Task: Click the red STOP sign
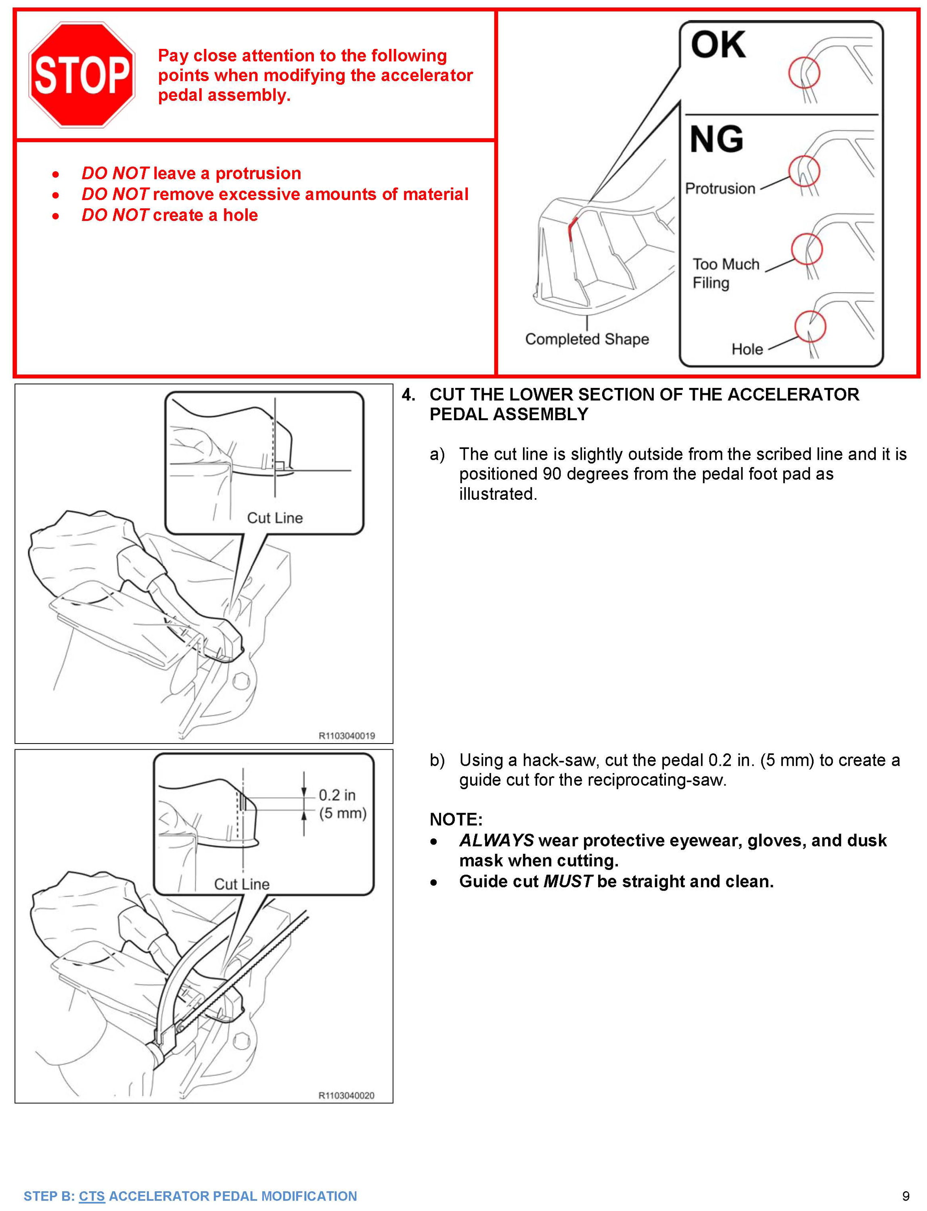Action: pyautogui.click(x=82, y=75)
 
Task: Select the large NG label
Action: pyautogui.click(x=717, y=139)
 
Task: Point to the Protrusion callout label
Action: pyautogui.click(x=720, y=189)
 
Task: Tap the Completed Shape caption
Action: pyautogui.click(x=586, y=339)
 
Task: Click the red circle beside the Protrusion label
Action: pyautogui.click(x=804, y=171)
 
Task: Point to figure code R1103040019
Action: pyautogui.click(x=347, y=736)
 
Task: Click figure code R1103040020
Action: pyautogui.click(x=347, y=1096)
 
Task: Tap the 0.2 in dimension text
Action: pyautogui.click(x=337, y=795)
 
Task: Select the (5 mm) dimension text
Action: pyautogui.click(x=343, y=813)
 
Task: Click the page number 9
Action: pyautogui.click(x=906, y=1196)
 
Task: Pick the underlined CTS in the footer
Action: pyautogui.click(x=92, y=1196)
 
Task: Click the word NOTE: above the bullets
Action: pyautogui.click(x=456, y=819)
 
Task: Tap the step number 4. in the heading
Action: pyautogui.click(x=408, y=395)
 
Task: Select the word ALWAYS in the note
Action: pyautogui.click(x=496, y=840)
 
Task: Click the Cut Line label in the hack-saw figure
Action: pyautogui.click(x=242, y=884)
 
